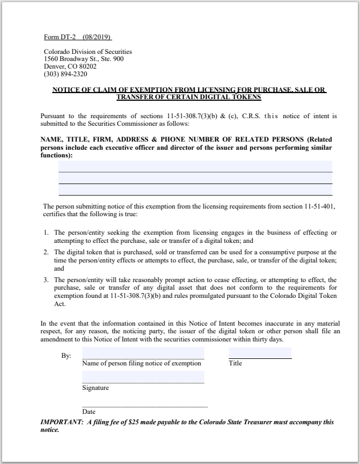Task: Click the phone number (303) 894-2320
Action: click(65, 74)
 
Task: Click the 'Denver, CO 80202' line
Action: click(70, 66)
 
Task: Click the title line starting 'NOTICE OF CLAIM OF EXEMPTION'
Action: click(189, 90)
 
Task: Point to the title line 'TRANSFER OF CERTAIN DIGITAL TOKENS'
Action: click(189, 97)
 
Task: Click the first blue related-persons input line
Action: click(195, 166)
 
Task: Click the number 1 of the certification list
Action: click(46, 233)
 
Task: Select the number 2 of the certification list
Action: click(46, 252)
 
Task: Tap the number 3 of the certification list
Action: click(46, 280)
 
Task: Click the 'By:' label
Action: click(66, 356)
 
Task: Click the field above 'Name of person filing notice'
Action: click(143, 353)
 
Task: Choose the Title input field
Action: click(260, 353)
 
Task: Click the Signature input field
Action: click(143, 377)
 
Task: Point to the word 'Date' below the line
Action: click(89, 412)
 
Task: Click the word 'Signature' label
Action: click(95, 388)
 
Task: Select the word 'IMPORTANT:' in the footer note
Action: click(60, 423)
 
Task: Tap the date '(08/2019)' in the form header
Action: click(96, 38)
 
